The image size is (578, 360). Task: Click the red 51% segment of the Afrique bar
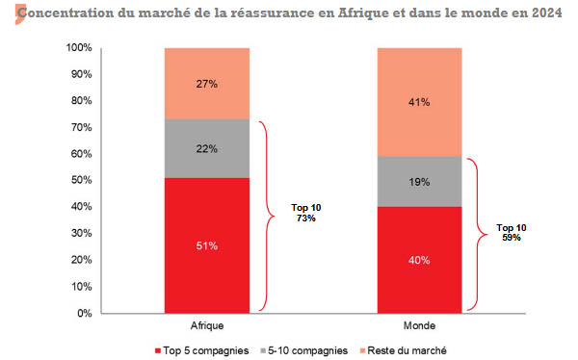(x=207, y=245)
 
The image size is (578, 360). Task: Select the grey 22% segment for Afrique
(x=207, y=148)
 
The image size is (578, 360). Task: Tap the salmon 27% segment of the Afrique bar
(x=207, y=84)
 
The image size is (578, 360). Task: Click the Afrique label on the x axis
(x=207, y=327)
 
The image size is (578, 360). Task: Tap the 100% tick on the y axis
(x=78, y=48)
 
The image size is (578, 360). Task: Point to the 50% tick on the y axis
(x=81, y=181)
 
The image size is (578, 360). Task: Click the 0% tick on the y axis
(x=84, y=314)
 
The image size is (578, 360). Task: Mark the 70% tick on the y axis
(x=81, y=128)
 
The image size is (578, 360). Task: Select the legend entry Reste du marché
(x=410, y=349)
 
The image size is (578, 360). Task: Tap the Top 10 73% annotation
(x=305, y=213)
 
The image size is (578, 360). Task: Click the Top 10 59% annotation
(x=512, y=232)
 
